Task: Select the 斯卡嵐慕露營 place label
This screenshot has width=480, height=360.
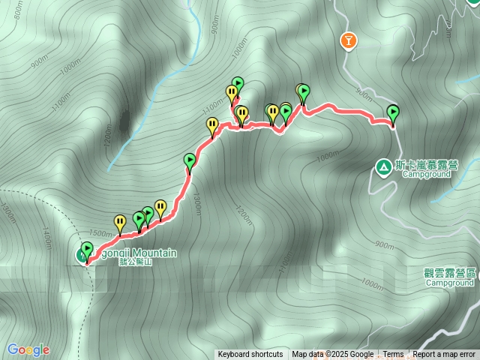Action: [x=427, y=164]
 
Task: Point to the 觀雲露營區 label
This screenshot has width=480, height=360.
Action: [x=451, y=274]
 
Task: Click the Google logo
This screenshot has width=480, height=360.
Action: [x=28, y=349]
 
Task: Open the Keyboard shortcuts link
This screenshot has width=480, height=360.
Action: [x=250, y=355]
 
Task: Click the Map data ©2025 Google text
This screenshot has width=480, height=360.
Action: [x=332, y=355]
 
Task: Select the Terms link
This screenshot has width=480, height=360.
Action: [x=393, y=355]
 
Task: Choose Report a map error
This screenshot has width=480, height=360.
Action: [x=444, y=355]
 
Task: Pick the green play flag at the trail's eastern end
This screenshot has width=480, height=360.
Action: [x=393, y=114]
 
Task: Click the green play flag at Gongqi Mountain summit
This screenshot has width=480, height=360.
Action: [x=86, y=250]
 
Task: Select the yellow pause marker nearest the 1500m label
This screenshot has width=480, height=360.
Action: [x=120, y=222]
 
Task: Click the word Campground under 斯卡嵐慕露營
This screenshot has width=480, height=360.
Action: [x=425, y=174]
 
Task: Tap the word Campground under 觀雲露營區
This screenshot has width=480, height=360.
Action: [x=451, y=283]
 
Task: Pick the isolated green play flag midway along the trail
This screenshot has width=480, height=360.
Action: [x=190, y=160]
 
